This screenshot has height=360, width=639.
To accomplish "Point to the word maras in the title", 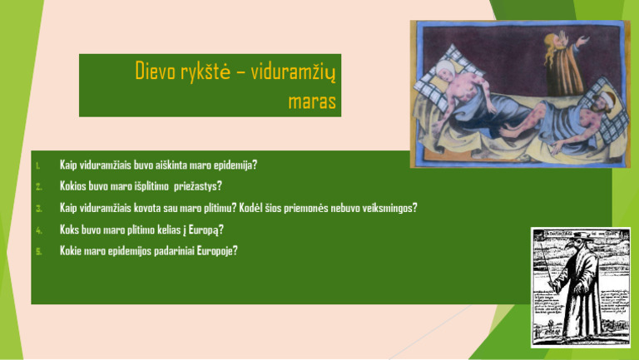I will click(311, 101).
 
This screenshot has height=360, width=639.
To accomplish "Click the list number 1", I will click(38, 165).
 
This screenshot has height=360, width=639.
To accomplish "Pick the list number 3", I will click(38, 208).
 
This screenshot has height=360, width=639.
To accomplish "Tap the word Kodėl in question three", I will click(252, 208).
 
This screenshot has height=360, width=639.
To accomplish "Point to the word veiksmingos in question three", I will click(386, 208).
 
